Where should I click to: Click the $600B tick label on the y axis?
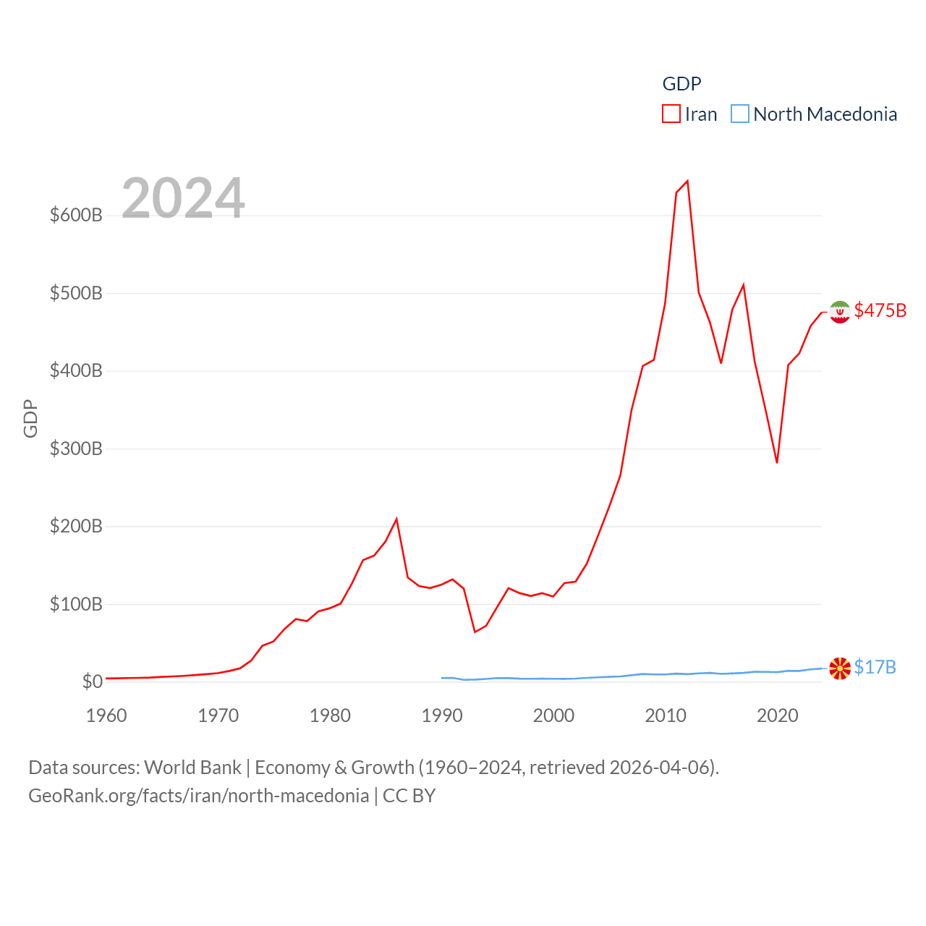click(76, 215)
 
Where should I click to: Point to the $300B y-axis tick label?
click(76, 449)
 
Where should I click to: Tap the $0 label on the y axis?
click(92, 681)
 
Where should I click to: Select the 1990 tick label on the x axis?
click(442, 715)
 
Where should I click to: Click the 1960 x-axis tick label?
click(106, 715)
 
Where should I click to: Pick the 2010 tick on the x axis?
click(666, 715)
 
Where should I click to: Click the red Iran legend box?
click(671, 114)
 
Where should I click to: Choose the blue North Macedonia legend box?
click(739, 114)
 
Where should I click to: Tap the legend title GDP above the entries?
click(681, 84)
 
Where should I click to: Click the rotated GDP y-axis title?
click(30, 418)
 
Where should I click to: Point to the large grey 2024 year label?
click(183, 198)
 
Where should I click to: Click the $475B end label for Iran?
click(880, 310)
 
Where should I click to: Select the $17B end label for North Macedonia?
click(875, 667)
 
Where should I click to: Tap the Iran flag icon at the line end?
click(840, 312)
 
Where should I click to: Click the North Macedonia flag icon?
click(840, 668)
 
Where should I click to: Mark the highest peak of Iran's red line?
click(687, 181)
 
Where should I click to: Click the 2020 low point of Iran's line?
click(777, 462)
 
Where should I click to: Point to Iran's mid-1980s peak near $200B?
click(396, 519)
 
